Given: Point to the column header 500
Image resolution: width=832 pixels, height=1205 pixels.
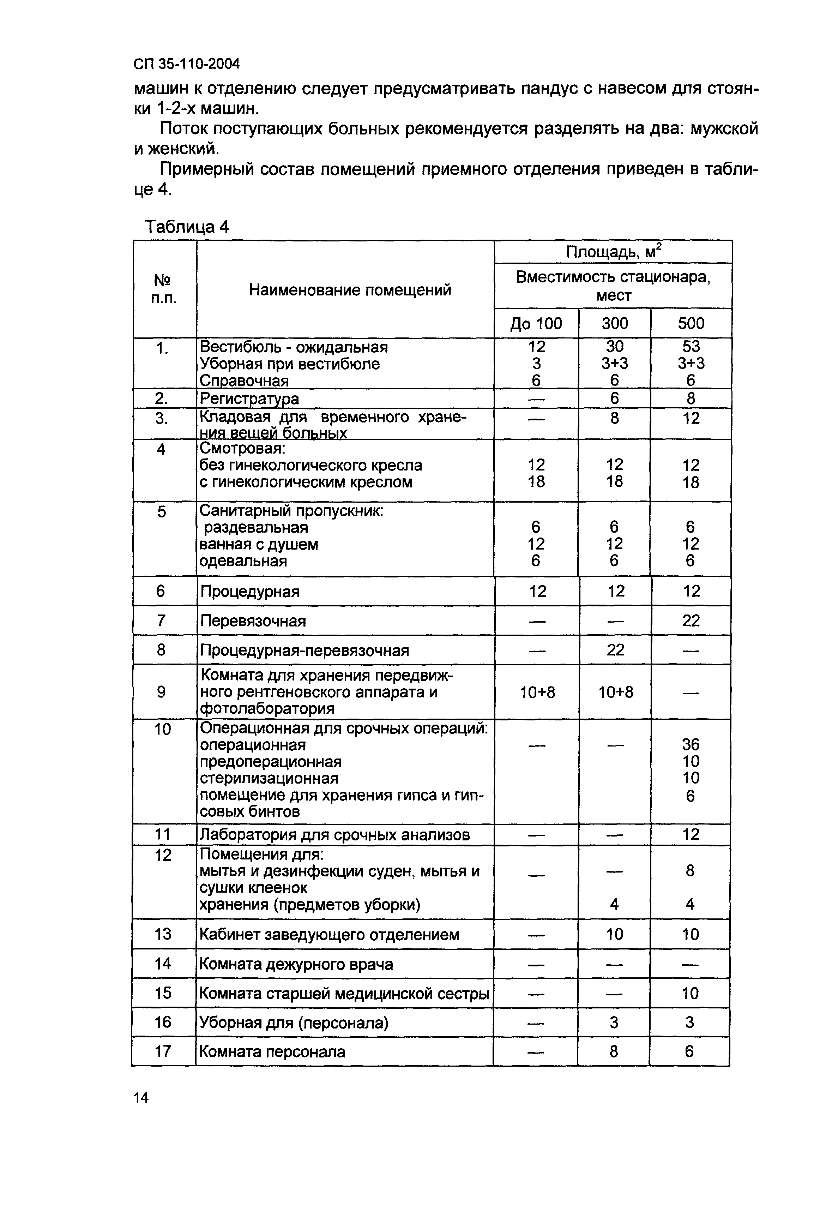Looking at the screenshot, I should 691,323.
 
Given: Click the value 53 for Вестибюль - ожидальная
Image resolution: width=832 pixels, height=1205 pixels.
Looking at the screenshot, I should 691,347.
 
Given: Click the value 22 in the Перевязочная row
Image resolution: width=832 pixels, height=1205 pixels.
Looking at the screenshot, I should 691,621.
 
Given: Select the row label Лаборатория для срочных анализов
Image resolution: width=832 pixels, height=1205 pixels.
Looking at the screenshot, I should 335,835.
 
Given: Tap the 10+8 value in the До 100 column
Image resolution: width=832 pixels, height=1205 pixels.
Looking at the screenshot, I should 537,693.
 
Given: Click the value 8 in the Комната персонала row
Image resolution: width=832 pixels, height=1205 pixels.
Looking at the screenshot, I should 614,1052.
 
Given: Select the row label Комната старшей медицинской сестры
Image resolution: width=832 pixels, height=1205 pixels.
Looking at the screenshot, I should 344,994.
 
